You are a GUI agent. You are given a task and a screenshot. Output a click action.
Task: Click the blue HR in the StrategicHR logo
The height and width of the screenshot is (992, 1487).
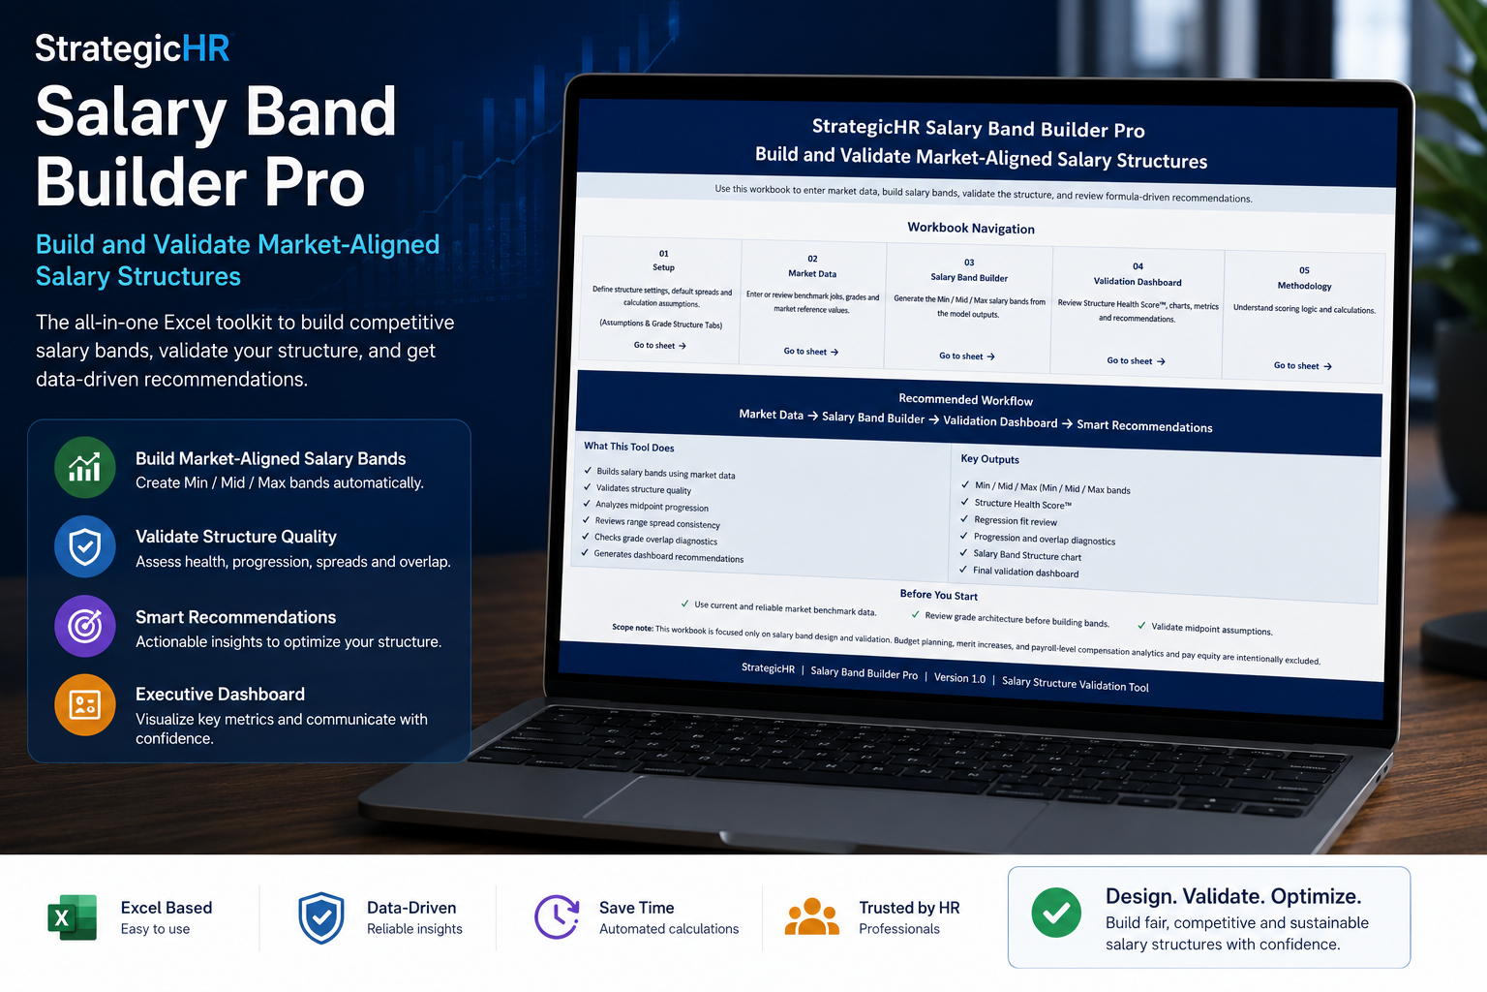[x=205, y=48]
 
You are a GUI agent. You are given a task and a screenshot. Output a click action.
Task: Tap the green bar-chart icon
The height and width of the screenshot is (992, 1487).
[x=85, y=467]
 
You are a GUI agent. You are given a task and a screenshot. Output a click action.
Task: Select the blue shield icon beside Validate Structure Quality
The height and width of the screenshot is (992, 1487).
[x=85, y=546]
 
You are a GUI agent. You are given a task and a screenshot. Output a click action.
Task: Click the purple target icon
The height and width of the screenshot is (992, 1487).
[x=85, y=626]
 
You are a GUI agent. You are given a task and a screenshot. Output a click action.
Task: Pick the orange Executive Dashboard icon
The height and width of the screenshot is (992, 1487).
[x=85, y=705]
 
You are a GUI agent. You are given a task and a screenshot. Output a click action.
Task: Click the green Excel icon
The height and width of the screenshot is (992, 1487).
[x=73, y=917]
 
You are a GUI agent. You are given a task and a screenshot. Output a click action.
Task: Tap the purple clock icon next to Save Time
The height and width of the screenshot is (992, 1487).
[x=557, y=916]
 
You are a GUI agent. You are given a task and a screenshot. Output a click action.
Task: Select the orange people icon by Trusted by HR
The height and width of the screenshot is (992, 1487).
[x=811, y=916]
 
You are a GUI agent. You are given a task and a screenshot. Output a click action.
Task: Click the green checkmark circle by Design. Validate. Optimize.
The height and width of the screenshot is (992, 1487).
[x=1056, y=913]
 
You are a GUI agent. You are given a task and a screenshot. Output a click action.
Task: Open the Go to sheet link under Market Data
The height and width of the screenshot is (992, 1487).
[x=810, y=352]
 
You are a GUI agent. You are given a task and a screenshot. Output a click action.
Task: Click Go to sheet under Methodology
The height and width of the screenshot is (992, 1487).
[x=1302, y=365]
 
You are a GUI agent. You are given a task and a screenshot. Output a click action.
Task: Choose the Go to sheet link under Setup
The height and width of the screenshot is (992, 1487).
[x=660, y=346]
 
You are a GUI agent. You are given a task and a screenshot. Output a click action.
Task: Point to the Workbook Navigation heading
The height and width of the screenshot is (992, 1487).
[x=971, y=228]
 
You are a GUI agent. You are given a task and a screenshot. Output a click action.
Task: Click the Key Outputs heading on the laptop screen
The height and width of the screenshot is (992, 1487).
[x=989, y=459]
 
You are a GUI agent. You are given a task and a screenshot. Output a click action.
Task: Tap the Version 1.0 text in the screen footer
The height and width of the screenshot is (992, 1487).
[x=960, y=678]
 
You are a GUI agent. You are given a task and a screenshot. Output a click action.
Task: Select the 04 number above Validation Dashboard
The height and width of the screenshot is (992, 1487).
[x=1138, y=266]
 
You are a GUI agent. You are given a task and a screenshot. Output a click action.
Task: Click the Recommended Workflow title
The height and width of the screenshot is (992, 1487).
[x=966, y=399]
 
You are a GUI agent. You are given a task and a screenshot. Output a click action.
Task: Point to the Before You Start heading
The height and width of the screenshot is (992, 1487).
[x=939, y=595]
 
